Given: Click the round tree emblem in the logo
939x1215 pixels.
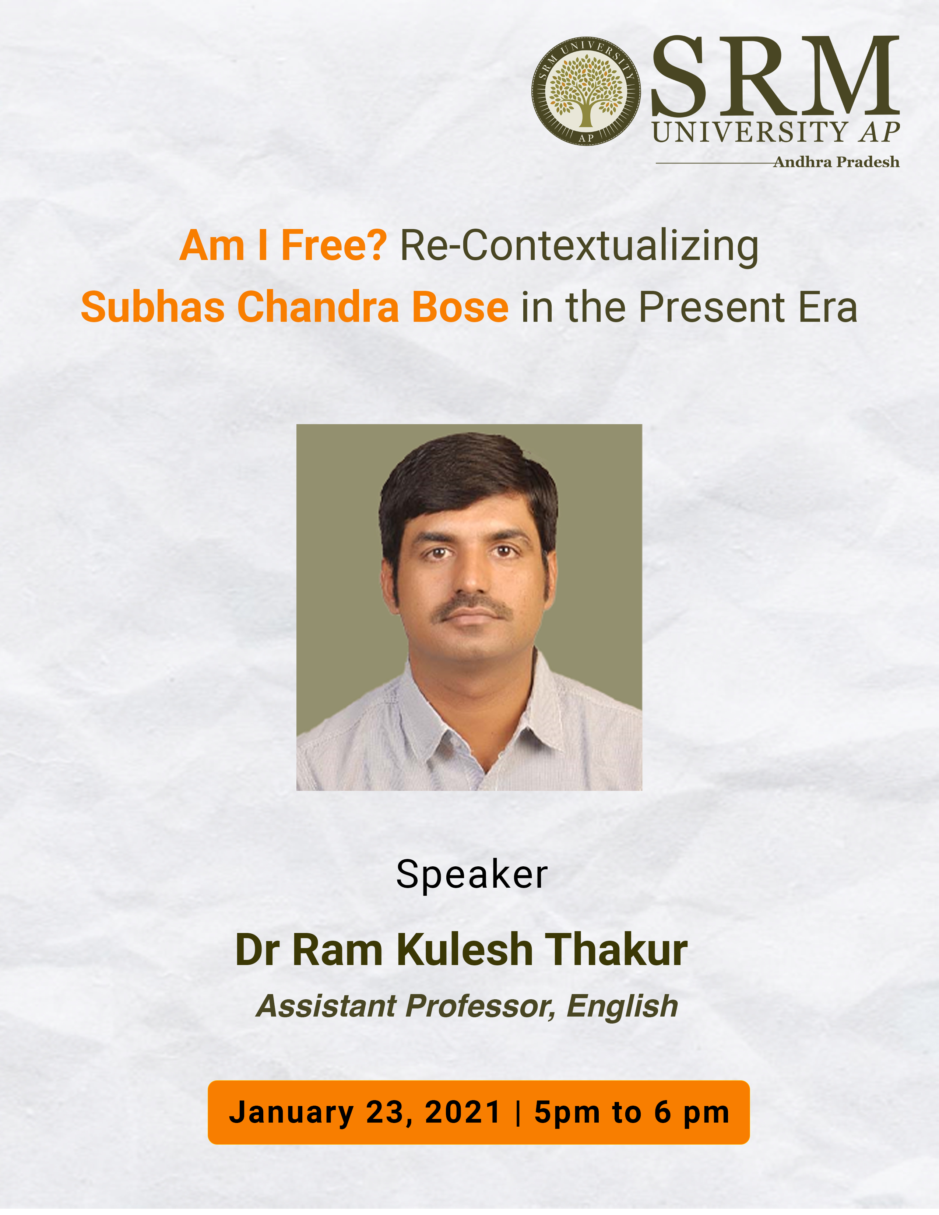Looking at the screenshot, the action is [x=586, y=91].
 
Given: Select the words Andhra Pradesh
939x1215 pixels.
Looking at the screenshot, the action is [x=836, y=162].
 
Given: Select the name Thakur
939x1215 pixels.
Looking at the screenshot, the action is [x=616, y=950].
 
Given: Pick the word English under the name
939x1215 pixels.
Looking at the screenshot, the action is [x=622, y=1006].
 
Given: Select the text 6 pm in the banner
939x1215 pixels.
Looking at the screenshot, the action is [x=692, y=1113].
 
